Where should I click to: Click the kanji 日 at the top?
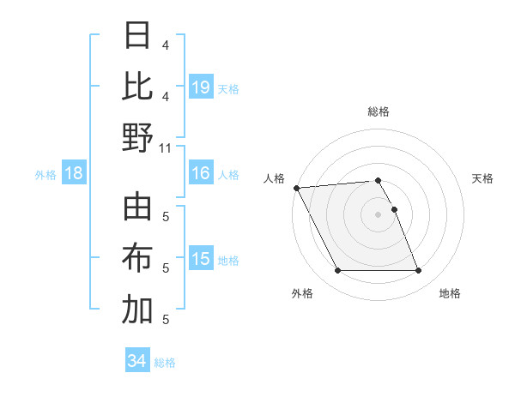coord(137,35)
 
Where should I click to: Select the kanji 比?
coord(137,87)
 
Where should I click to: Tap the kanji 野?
coord(137,138)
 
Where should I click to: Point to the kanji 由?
coord(137,208)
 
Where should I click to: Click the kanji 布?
coord(137,259)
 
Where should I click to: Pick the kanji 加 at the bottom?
coord(137,310)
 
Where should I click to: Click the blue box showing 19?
coord(201,87)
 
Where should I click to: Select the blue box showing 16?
coord(201,173)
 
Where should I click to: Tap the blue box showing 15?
coord(201,259)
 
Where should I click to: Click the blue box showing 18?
coord(74,174)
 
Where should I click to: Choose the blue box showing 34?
coord(136,361)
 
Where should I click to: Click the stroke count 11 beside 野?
coord(166,147)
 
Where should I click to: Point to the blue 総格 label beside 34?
coord(165,363)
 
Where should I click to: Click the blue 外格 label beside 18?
coord(45,175)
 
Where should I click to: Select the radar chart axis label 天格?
coord(483,178)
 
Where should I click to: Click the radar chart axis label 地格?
coord(450,294)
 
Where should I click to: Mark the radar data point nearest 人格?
coord(296,188)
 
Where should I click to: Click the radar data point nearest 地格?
coord(418,271)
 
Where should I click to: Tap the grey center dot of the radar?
coord(378,214)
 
